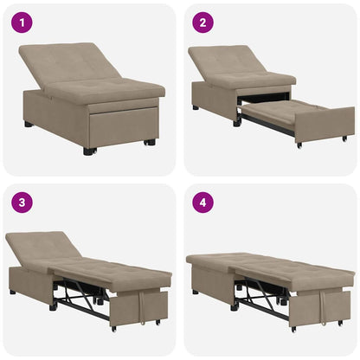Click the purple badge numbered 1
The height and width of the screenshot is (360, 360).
(21, 22)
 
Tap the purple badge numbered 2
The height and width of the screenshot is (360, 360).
(201, 22)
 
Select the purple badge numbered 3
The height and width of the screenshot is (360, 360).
(21, 202)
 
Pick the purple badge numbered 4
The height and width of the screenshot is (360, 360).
(201, 202)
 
